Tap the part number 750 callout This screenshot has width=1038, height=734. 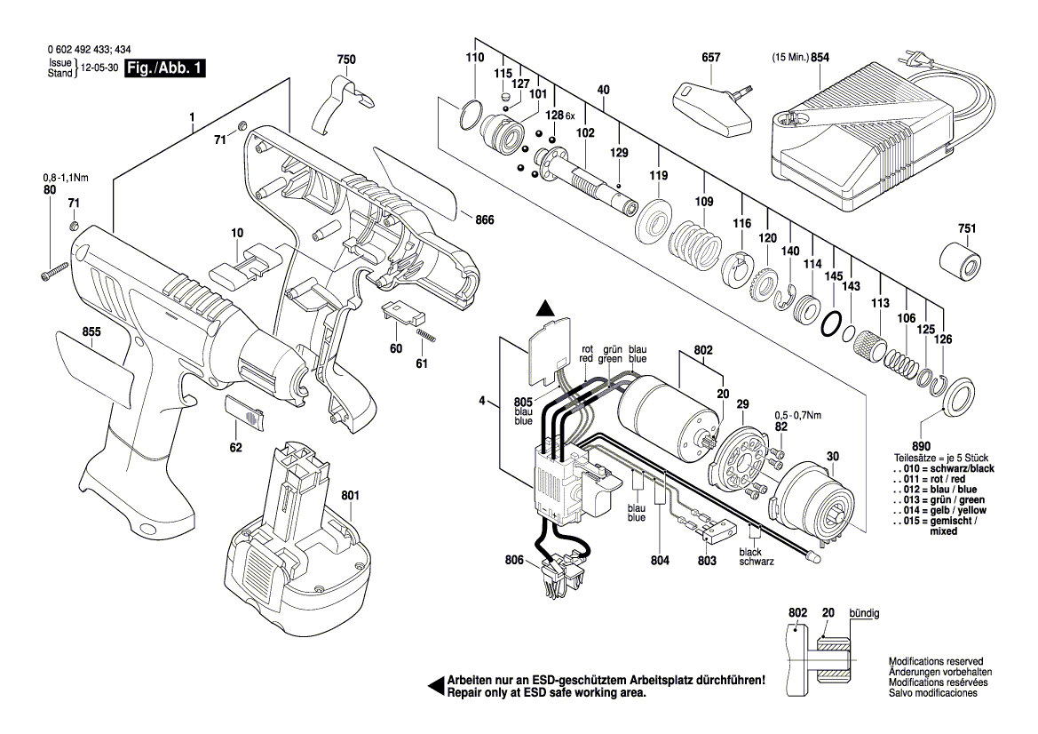(346, 60)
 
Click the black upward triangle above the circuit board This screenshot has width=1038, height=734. (546, 308)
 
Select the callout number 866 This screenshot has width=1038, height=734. (485, 219)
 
